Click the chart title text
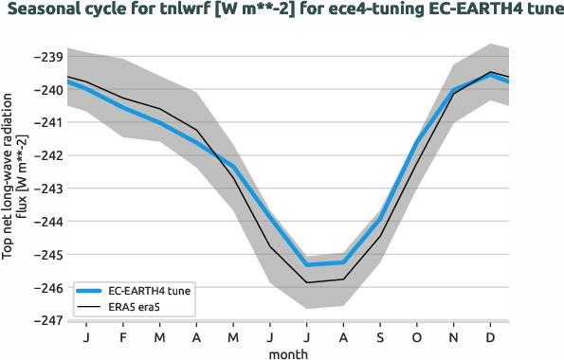[282, 11]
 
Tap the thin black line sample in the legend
[90, 307]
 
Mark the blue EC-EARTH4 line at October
[417, 143]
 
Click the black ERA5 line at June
[270, 246]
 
